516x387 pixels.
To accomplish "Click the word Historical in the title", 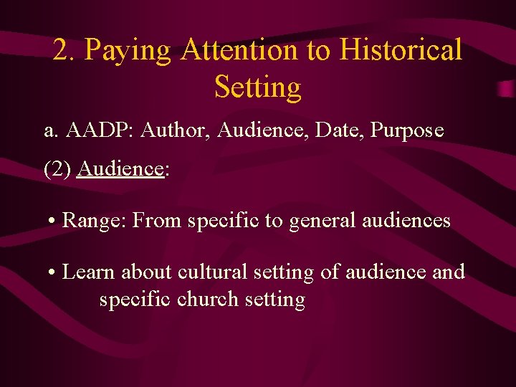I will [401, 51].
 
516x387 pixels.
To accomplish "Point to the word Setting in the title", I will [257, 87].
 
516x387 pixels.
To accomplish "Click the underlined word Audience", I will [121, 169].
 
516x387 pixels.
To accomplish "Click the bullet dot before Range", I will [53, 221].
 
